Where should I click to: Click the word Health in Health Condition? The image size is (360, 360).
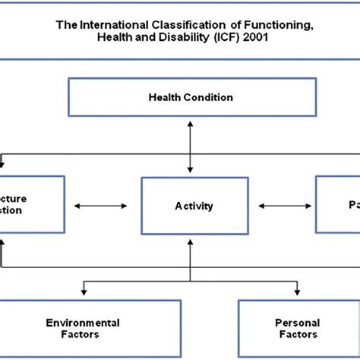point(163,97)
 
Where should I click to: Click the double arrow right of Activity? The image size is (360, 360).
point(276,205)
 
